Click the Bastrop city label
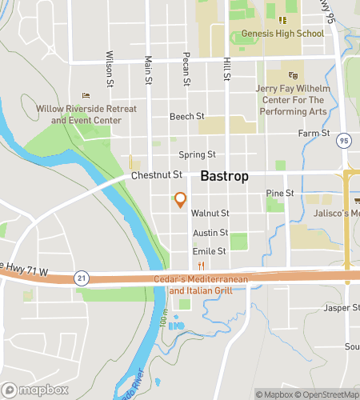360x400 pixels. [x=224, y=175]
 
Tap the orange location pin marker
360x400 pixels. [x=181, y=200]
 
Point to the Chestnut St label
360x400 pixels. [x=158, y=174]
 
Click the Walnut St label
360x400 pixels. [x=210, y=214]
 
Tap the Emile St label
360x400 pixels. [x=210, y=251]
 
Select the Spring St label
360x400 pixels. [x=197, y=154]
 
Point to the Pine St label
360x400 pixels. [x=280, y=194]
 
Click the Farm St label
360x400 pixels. [x=314, y=133]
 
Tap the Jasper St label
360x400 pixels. [x=343, y=308]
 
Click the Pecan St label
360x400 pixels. [x=186, y=70]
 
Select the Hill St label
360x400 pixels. [x=228, y=68]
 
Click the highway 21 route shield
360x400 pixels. [x=81, y=276]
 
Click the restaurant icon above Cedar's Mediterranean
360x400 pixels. [x=202, y=266]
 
